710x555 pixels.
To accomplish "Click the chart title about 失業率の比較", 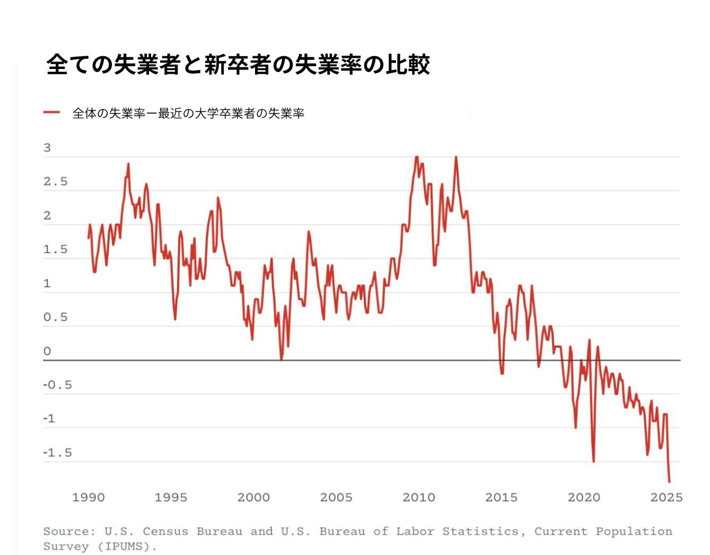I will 238,65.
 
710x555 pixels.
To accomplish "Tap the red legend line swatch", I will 51,112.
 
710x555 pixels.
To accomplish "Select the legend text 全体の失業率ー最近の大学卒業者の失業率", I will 188,113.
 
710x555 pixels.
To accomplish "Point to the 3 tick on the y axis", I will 47,148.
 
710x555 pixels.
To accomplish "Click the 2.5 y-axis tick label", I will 56,182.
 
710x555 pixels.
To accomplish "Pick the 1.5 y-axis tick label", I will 56,249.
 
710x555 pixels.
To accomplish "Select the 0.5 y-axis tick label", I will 56,317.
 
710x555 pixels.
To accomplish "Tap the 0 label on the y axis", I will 47,351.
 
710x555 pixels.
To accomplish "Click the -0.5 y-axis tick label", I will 57,385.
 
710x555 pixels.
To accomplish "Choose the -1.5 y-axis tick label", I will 57,453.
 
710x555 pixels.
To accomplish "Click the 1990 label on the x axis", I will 89,498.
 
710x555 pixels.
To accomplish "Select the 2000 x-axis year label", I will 253,498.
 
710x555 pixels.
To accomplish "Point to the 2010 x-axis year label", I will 419,498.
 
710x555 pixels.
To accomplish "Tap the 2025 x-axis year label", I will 667,498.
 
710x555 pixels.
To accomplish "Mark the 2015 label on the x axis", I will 501,498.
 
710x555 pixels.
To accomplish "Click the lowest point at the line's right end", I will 669,482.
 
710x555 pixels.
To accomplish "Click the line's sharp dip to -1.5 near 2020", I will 593,461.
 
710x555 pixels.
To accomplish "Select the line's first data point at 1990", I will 89,238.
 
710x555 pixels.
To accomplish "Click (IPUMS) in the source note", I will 127,547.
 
